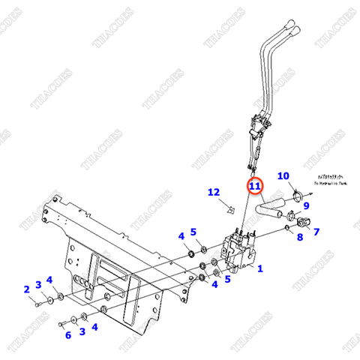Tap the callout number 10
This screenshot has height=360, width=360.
pos(283,176)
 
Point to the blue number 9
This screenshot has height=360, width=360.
pos(306,205)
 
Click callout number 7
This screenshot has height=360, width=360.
pos(316,232)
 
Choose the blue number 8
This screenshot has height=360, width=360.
pos(300,238)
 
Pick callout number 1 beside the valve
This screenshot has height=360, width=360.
pos(260,267)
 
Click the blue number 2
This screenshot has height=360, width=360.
pos(25,289)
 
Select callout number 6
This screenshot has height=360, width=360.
pos(68,335)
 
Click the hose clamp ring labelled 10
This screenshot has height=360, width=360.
pos(298,196)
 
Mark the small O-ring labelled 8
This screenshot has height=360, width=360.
pos(287,226)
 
